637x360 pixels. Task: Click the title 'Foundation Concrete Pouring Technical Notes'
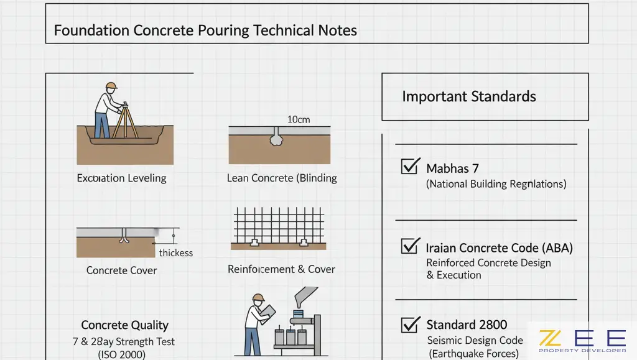pos(205,30)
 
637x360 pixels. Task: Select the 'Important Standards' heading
pos(469,96)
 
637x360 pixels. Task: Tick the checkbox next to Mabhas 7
pos(409,166)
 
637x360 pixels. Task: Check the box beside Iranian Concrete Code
pos(409,246)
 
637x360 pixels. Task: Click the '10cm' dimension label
pos(299,119)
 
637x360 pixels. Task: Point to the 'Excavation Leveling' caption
pos(121,178)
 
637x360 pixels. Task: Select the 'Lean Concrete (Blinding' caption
pos(282,178)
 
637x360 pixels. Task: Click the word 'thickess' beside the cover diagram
pos(176,253)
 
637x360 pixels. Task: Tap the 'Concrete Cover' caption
pos(121,270)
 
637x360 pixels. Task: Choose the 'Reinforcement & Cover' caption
pos(281,269)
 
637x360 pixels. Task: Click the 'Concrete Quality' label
pos(124,325)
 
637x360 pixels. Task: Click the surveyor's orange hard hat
pos(111,86)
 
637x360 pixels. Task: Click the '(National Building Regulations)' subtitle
pos(496,184)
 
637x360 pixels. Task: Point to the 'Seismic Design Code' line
pos(475,341)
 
